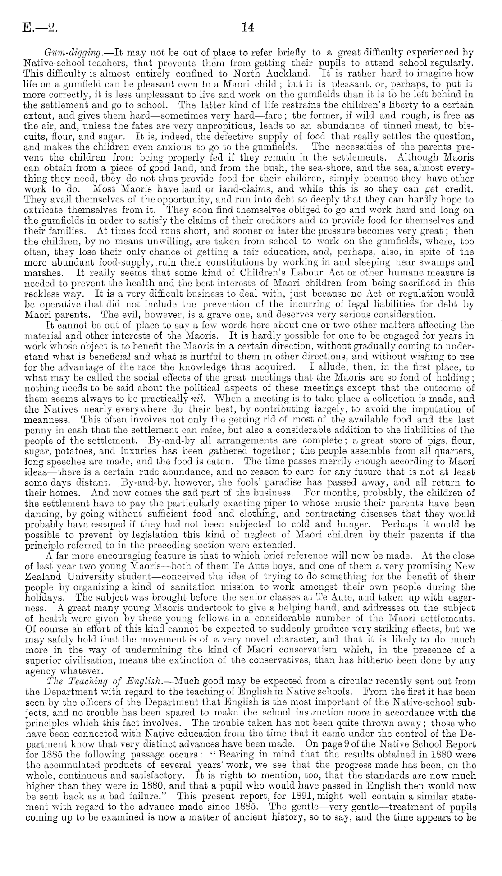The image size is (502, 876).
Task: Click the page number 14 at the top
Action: [x=248, y=28]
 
